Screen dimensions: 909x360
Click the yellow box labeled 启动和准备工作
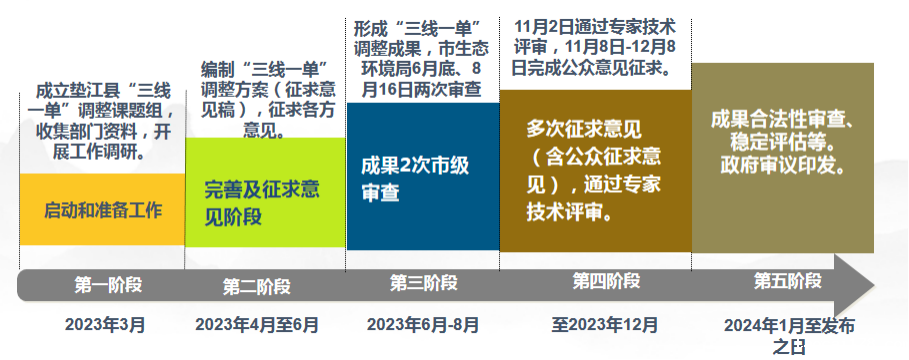[x=102, y=209]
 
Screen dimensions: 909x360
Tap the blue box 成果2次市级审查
[x=423, y=176]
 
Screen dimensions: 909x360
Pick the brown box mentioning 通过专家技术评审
[x=595, y=171]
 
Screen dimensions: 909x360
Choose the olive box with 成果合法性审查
[x=783, y=158]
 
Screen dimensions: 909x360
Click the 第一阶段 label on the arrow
[x=108, y=285]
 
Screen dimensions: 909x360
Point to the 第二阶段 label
[x=256, y=286]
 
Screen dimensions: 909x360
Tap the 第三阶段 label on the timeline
[x=423, y=283]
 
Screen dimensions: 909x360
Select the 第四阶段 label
[x=606, y=281]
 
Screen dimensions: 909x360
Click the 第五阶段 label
[x=788, y=281]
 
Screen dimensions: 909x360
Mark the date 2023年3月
[x=105, y=325]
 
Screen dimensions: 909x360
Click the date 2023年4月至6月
[x=257, y=325]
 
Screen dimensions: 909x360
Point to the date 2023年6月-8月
[x=423, y=325]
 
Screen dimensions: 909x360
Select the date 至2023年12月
[x=605, y=324]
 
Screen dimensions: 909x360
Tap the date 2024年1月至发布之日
[x=789, y=336]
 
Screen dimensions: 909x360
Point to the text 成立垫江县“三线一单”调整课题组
[x=103, y=101]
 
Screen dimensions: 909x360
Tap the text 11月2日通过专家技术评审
[x=594, y=36]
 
